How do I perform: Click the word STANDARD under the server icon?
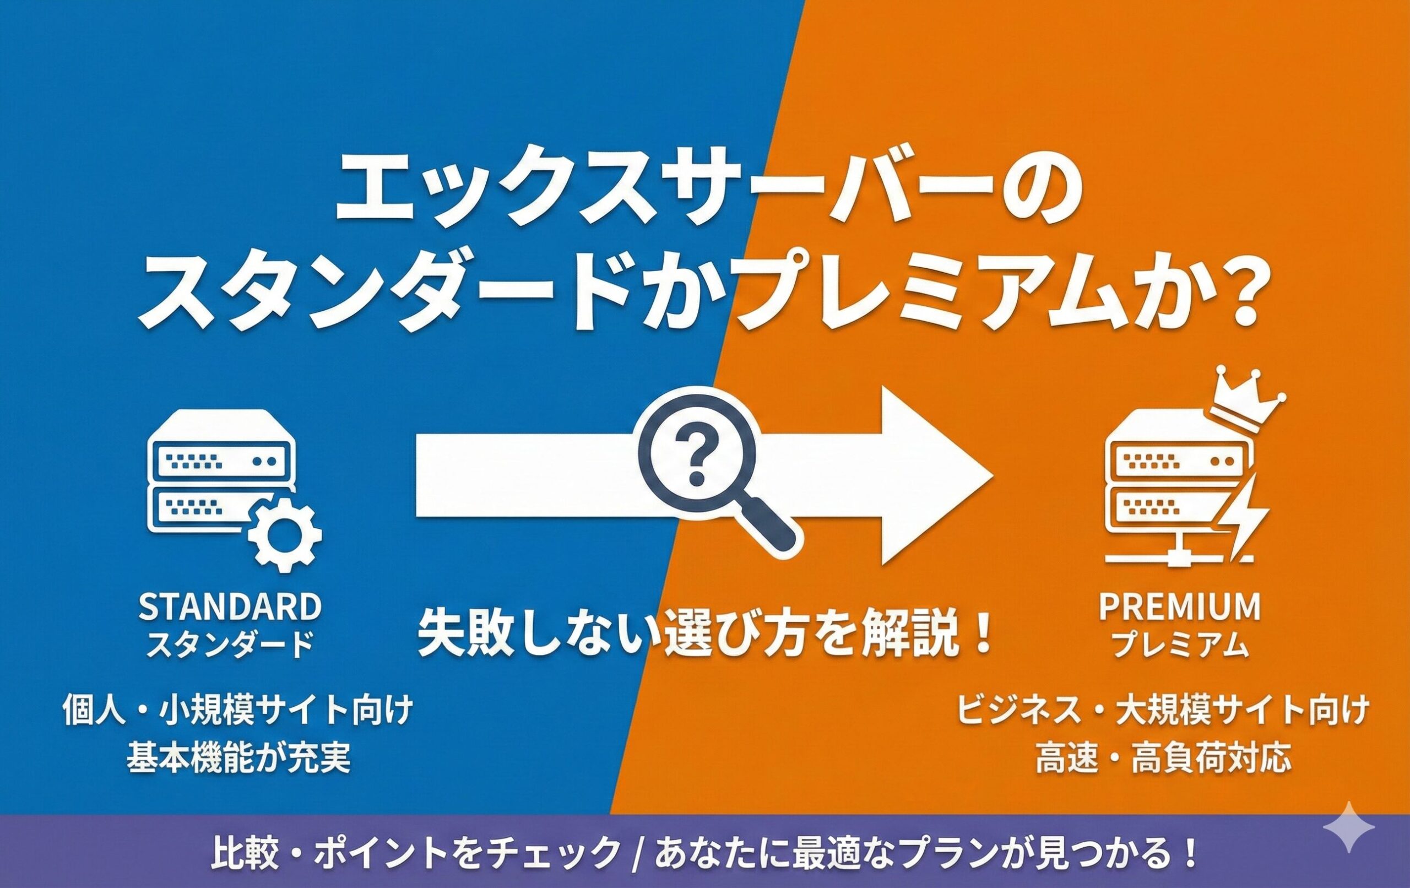click(230, 607)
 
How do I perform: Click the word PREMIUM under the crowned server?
click(1180, 607)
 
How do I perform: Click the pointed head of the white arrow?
click(937, 475)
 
